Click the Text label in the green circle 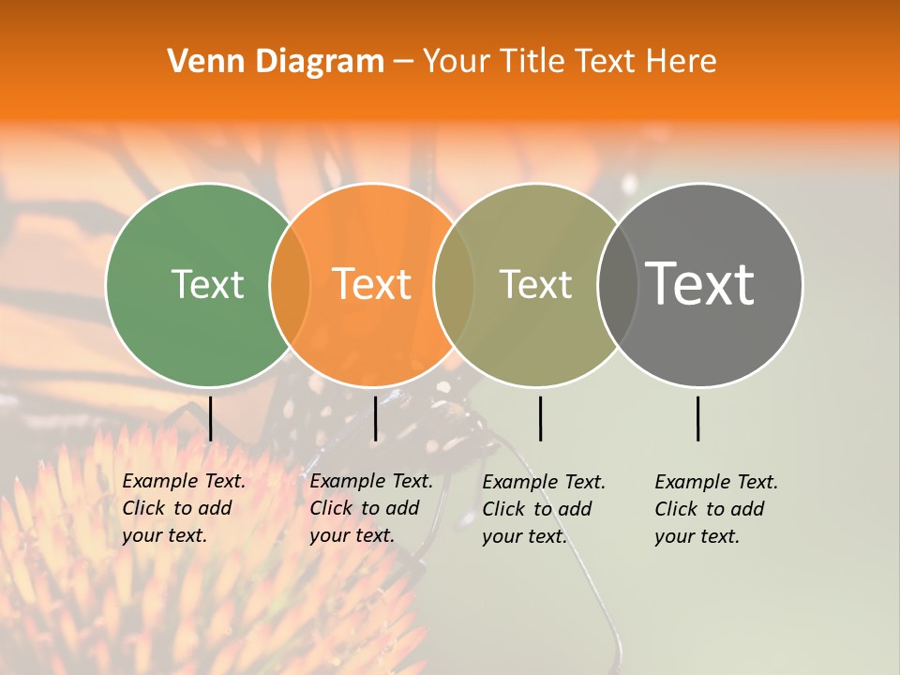point(207,284)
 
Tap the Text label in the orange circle point(372,284)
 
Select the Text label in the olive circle point(535,284)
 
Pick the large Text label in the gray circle point(700,283)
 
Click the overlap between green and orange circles point(289,284)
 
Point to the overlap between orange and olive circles point(454,284)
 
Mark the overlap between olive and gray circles point(617,284)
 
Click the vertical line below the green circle point(210,418)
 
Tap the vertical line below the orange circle point(375,418)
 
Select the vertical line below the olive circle point(540,418)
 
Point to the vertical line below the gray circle point(698,418)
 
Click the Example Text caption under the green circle point(183,508)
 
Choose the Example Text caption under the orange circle point(370,508)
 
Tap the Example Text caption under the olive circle point(543,509)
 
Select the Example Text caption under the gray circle point(715,509)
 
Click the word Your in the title point(457,62)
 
